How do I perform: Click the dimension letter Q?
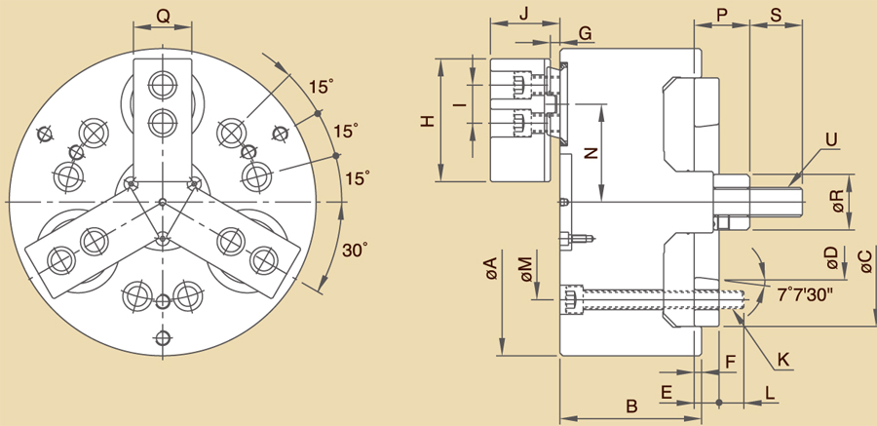tap(163, 16)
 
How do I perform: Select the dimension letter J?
tap(523, 14)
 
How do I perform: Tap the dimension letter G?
tap(585, 33)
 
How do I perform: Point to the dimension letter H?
tap(426, 121)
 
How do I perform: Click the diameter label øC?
tap(864, 261)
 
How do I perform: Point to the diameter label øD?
tap(830, 258)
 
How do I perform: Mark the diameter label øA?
tap(491, 270)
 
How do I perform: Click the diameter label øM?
tap(525, 270)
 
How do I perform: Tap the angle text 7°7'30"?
tap(805, 292)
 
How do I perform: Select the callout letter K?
tap(783, 360)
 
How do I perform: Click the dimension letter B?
tap(630, 405)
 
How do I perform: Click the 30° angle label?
tap(356, 250)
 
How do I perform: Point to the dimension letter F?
tap(730, 363)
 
